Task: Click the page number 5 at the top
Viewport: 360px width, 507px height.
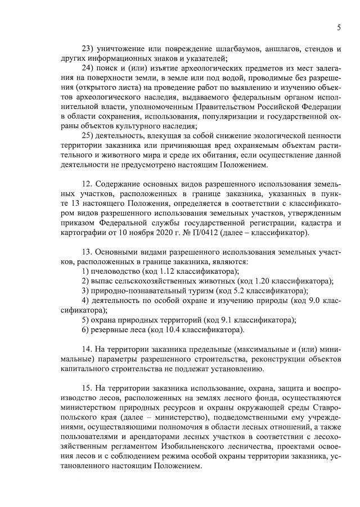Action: (x=339, y=27)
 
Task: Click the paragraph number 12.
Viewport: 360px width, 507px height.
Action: (x=87, y=184)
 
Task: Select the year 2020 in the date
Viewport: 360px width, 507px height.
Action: (x=175, y=233)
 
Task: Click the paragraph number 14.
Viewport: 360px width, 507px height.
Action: (x=87, y=350)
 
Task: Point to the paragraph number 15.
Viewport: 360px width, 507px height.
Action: (x=87, y=389)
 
